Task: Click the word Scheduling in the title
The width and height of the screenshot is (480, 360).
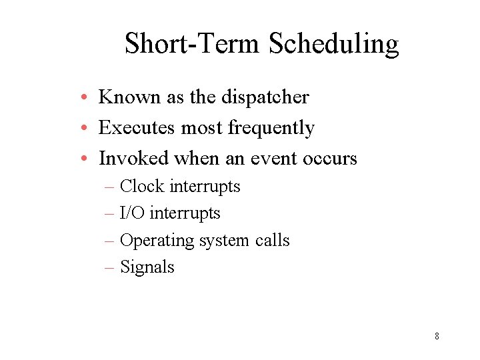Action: coord(333,44)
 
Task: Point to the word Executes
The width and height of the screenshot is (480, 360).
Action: coord(137,127)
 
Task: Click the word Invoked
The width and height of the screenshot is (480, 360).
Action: coord(133,158)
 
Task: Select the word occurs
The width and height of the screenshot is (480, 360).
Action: coord(329,158)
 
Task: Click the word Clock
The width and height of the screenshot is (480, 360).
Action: coord(142,186)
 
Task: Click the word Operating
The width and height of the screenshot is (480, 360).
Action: coord(156,240)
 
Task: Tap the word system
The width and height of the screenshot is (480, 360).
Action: coord(225,240)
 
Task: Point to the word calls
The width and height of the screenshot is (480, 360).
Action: coord(273,240)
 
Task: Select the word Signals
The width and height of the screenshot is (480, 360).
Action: coord(147,267)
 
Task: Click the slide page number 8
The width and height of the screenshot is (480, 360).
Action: coord(437,336)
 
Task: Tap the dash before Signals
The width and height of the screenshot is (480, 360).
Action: coord(110,267)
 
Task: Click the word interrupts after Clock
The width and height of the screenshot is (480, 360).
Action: coord(205,186)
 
